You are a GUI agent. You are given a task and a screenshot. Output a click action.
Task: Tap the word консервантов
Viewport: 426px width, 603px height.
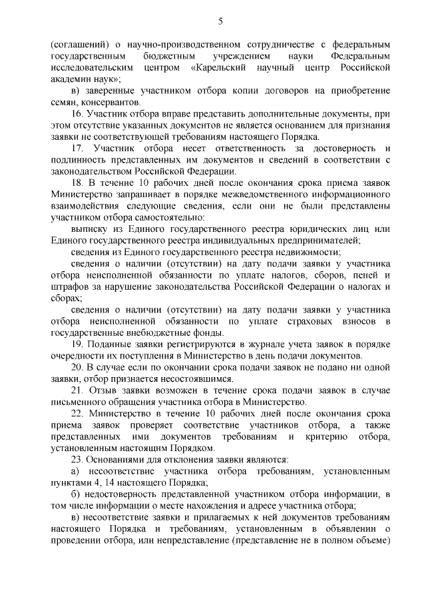tap(110, 103)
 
